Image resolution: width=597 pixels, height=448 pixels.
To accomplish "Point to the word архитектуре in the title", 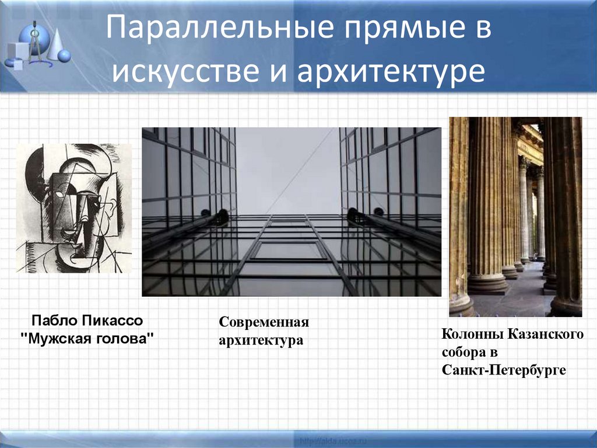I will coord(391,71).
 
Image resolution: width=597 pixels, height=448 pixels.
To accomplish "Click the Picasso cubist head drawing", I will coord(74,208).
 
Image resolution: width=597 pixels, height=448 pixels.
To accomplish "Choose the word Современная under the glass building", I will coord(264,322).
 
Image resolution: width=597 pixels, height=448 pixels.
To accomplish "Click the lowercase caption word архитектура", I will coord(261,339).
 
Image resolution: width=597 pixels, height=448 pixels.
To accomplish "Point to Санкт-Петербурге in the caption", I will coord(504,370).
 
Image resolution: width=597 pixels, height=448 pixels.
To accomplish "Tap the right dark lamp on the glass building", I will coord(353,216).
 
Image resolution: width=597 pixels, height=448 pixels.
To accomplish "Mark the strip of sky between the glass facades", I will coord(287,169).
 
